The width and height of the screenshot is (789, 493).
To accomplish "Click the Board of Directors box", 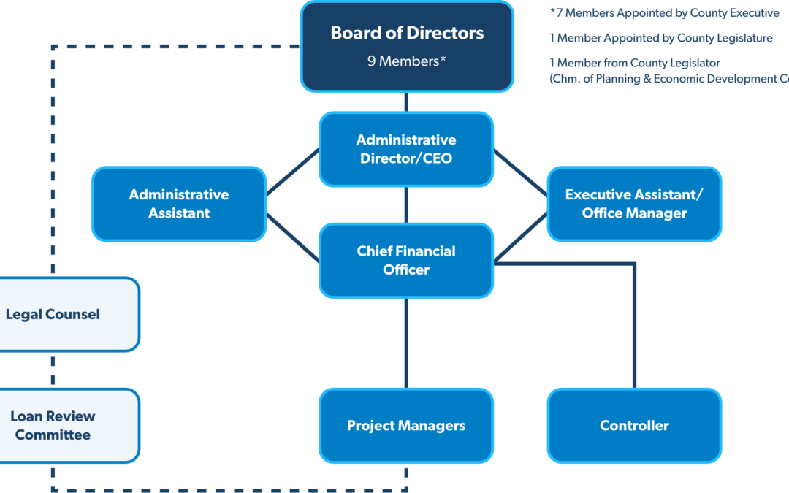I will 407,46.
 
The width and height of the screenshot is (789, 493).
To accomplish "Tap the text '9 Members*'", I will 407,62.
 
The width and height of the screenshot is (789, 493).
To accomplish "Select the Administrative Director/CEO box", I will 406,149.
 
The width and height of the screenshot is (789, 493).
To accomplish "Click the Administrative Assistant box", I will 179,204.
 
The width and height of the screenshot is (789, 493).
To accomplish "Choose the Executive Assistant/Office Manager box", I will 634,204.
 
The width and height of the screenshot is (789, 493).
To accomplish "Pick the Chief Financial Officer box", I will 406,260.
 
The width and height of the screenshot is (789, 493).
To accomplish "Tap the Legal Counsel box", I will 66,315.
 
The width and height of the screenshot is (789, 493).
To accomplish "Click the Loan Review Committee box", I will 66,426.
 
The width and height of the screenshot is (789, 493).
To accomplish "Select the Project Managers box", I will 406,426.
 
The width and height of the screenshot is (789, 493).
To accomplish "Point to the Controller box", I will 634,426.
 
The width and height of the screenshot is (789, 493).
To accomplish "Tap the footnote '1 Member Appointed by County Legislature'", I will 660,38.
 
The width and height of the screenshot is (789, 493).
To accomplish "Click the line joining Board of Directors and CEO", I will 406,102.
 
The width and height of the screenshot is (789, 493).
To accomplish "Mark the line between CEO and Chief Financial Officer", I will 406,205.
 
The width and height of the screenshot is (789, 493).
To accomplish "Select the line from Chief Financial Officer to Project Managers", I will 406,343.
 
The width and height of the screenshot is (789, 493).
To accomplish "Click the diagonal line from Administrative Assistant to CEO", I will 292,173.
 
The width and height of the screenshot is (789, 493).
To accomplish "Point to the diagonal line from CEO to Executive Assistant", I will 520,173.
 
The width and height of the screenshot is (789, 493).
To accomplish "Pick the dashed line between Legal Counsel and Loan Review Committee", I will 53,370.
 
